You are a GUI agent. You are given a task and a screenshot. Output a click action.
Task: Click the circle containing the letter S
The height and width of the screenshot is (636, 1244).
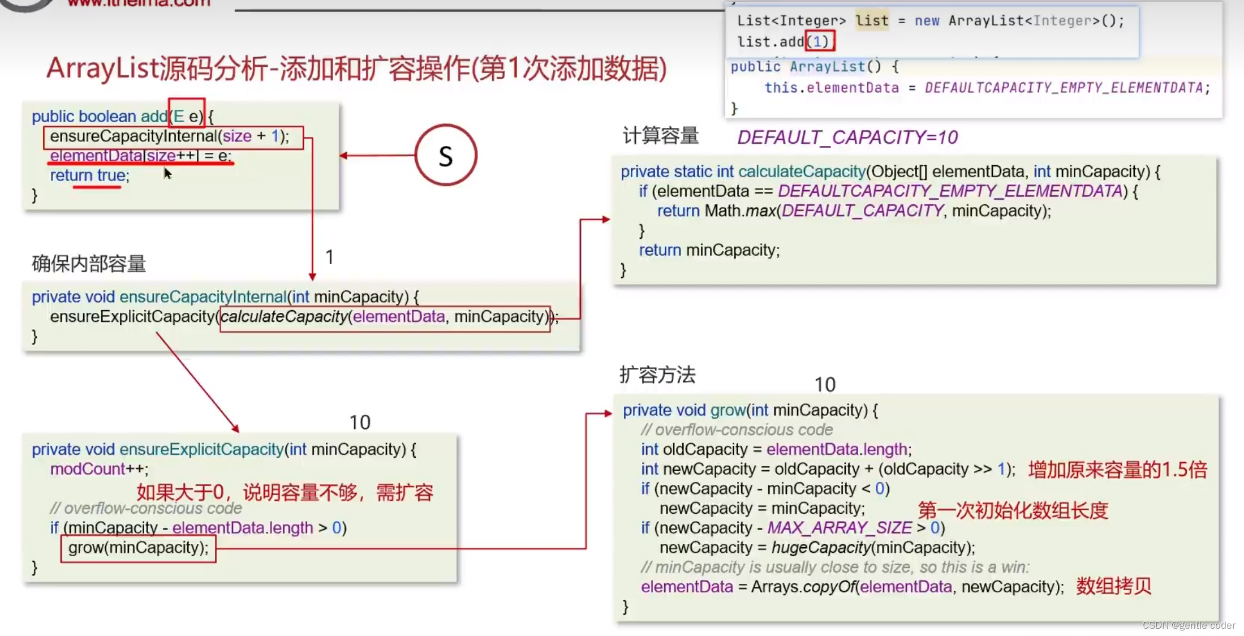[446, 156]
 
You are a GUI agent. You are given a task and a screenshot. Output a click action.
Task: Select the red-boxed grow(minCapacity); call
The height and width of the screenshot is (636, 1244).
[138, 548]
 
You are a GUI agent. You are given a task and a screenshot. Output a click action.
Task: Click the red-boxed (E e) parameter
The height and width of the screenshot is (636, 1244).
[187, 116]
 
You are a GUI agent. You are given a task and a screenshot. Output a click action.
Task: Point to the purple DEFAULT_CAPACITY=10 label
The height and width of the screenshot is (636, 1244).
[847, 137]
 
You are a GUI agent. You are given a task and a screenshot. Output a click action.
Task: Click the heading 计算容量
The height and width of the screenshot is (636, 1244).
[660, 136]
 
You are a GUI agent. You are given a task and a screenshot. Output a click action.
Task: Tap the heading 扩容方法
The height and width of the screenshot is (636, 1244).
[657, 375]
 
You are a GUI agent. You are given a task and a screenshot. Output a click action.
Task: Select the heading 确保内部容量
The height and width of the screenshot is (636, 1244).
[89, 264]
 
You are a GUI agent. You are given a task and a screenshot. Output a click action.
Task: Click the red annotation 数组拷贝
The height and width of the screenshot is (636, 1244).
[1113, 586]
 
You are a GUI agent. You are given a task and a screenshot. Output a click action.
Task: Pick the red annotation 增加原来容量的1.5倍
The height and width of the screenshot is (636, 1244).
[1117, 470]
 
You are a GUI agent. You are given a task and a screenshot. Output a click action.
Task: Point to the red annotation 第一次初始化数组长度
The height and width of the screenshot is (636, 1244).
[1013, 510]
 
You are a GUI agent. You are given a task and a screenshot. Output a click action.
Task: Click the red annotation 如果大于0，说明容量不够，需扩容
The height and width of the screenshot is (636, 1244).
[285, 492]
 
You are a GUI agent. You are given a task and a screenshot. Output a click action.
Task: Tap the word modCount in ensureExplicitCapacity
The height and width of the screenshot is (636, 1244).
[87, 469]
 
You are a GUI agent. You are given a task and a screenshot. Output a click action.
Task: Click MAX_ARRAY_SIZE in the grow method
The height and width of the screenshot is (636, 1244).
[839, 528]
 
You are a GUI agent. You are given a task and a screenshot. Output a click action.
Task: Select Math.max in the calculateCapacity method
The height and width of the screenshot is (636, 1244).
[739, 211]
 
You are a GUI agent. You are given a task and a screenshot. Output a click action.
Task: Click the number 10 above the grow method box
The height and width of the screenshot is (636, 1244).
[825, 385]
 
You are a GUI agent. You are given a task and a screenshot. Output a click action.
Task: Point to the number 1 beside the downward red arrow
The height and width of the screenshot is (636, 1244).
[329, 257]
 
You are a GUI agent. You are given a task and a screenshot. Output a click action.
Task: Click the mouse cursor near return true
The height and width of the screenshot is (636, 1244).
[167, 173]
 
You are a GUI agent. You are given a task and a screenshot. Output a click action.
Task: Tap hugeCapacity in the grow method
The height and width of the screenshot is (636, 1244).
[821, 548]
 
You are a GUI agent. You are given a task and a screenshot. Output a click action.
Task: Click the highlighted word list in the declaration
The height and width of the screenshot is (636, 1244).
[872, 21]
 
